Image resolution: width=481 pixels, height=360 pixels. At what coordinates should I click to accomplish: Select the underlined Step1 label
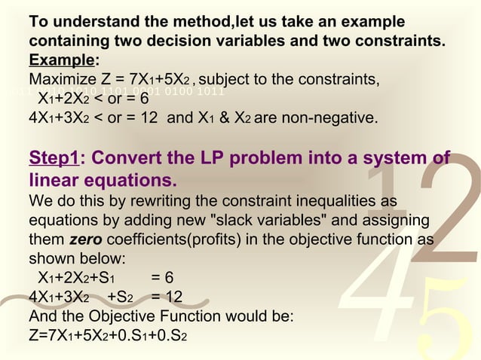pos(54,160)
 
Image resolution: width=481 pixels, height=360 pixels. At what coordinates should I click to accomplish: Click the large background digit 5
pos(444,316)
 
